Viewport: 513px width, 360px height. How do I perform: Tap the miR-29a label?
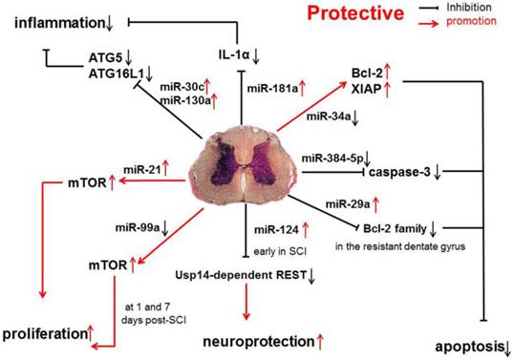(347, 202)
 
